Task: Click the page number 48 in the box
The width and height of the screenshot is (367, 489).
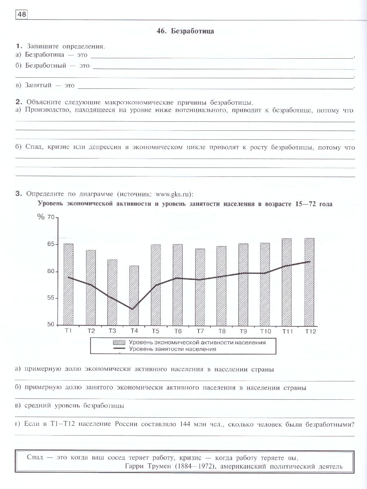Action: (21, 15)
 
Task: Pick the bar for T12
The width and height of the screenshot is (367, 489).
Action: (310, 281)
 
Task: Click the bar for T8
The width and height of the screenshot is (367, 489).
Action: (221, 285)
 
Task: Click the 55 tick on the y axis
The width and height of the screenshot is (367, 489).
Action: (50, 298)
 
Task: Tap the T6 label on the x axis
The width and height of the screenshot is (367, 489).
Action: (178, 331)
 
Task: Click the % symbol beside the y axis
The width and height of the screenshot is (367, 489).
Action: (40, 217)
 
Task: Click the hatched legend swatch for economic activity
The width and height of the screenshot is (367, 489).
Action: (119, 342)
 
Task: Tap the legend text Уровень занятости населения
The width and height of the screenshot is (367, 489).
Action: (172, 349)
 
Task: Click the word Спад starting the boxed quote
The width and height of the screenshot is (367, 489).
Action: (35, 457)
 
